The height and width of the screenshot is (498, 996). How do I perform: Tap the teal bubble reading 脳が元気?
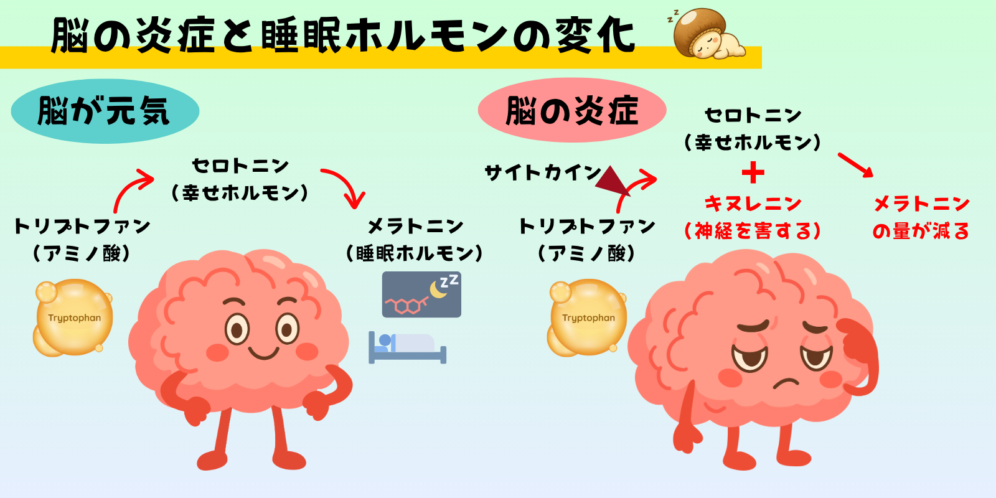(x=105, y=111)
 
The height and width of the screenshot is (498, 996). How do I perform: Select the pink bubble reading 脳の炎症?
(x=571, y=111)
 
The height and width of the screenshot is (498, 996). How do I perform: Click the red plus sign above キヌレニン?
(x=753, y=172)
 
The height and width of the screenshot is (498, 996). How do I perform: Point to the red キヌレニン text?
(x=753, y=204)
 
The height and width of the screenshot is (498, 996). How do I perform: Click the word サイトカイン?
(x=543, y=172)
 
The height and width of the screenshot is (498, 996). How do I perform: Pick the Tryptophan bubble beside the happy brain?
(x=73, y=318)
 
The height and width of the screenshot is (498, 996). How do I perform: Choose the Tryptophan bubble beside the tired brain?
(x=587, y=318)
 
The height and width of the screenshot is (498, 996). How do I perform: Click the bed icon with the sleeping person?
(x=407, y=347)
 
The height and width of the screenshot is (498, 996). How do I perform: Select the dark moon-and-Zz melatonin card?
(x=421, y=294)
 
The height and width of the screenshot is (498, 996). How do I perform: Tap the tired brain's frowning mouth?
(x=786, y=382)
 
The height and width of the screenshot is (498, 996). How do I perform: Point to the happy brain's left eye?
(x=237, y=328)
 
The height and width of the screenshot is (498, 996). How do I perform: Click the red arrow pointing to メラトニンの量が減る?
(x=856, y=165)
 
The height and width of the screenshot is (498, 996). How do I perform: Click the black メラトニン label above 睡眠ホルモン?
(x=415, y=226)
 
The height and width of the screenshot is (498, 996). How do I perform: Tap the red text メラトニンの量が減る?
(x=921, y=217)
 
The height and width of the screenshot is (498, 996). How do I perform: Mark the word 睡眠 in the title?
(x=301, y=35)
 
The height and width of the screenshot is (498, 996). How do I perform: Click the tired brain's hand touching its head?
(x=859, y=349)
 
